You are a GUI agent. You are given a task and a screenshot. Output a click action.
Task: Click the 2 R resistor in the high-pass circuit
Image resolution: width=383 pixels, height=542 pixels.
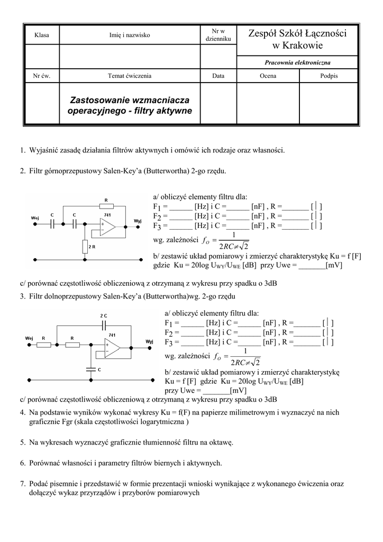pos(85,247)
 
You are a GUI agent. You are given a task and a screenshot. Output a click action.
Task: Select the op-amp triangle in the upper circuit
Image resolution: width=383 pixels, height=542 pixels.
pos(107,228)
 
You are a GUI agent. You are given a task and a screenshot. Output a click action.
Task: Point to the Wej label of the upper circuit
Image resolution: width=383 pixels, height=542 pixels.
pos(35,217)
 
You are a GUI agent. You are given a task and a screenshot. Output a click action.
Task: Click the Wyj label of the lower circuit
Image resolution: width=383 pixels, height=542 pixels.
pos(149,341)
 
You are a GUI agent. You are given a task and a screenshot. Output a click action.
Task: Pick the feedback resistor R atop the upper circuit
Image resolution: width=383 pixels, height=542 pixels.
pos(106,206)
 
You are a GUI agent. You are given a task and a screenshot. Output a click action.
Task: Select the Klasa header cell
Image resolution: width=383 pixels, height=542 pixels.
pos(41,35)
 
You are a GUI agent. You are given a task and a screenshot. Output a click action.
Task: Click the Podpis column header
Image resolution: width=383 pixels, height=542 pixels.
pos(329,76)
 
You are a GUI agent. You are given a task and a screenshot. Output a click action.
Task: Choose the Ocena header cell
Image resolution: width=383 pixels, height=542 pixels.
pos(268,76)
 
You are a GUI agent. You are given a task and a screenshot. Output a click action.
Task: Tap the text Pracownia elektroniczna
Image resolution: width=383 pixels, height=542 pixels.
pos(297,62)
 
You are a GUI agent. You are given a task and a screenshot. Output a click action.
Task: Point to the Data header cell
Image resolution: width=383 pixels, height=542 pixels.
pos(218,76)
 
